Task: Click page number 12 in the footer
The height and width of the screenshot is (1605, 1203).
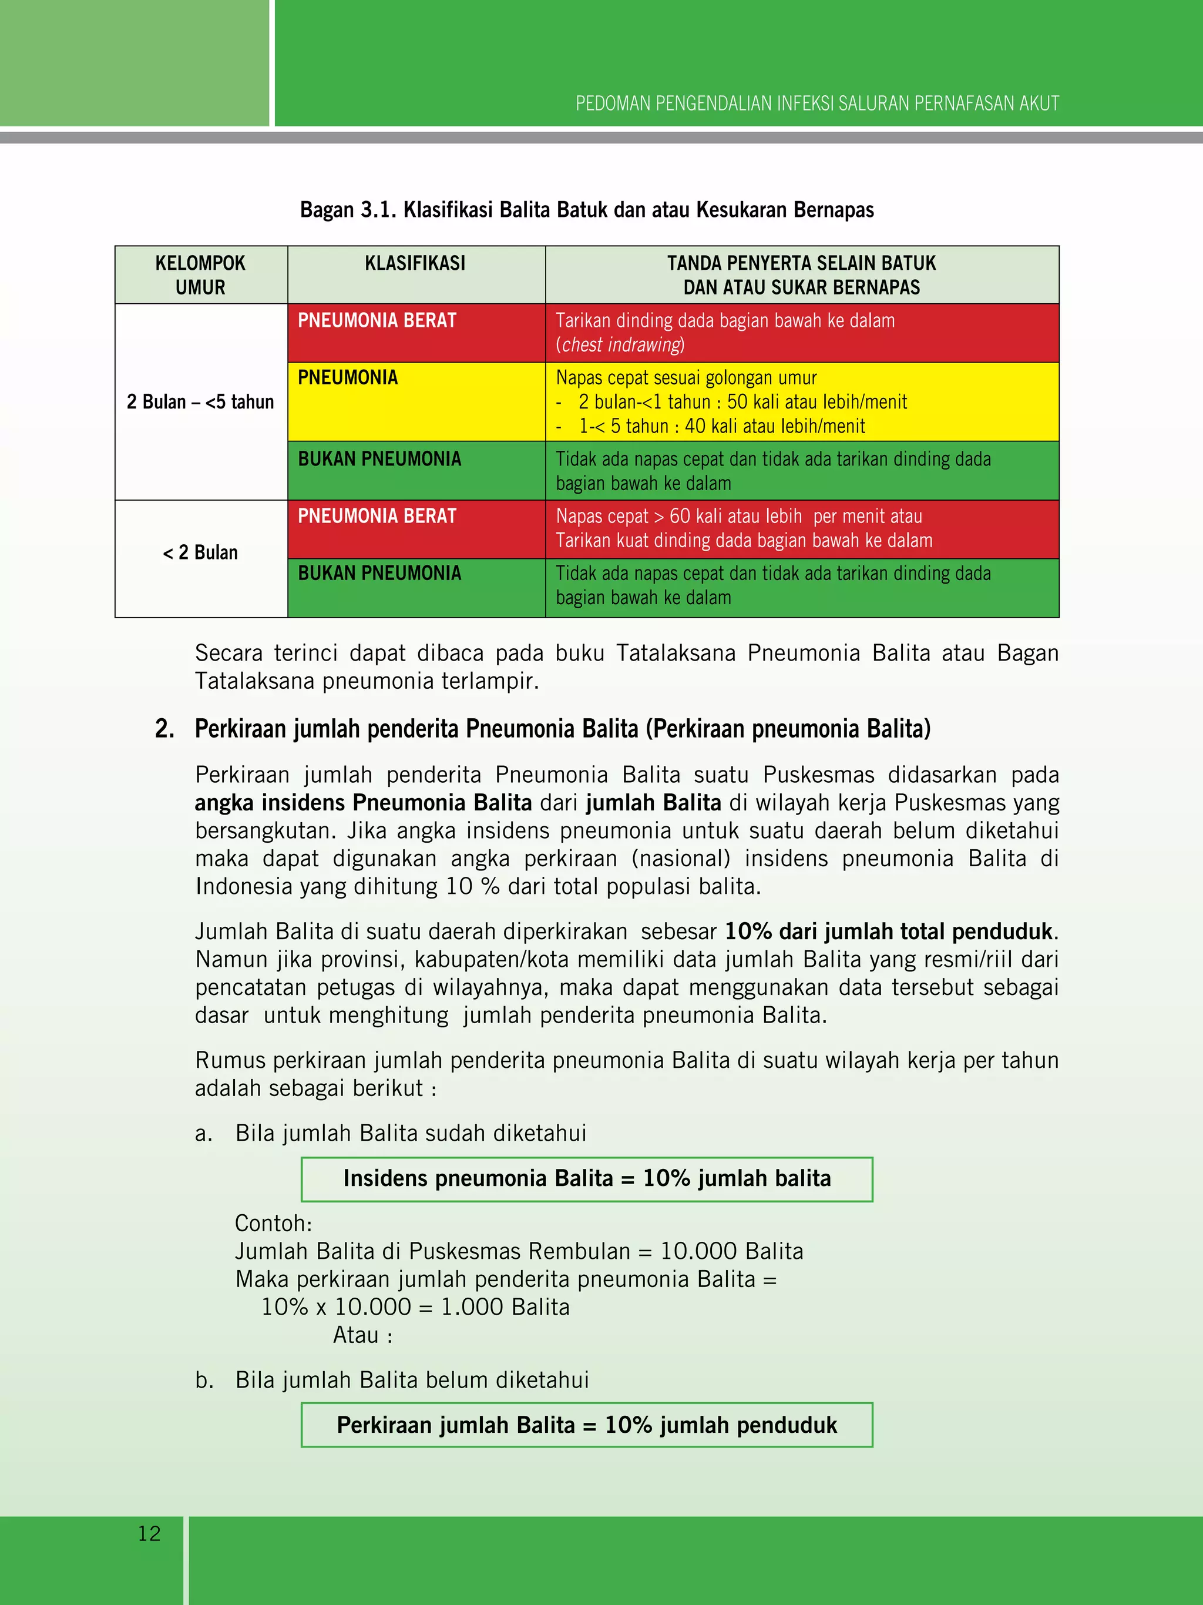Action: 149,1533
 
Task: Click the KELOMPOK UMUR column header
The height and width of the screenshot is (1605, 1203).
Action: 200,275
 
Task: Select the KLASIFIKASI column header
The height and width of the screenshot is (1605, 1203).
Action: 415,263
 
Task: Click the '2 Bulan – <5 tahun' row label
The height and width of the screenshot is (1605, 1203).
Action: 200,402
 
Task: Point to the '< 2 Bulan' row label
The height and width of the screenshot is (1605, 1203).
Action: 200,553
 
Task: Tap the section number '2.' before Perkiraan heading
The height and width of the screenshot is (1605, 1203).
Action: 164,729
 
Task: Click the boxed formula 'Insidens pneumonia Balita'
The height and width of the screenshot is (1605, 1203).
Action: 587,1178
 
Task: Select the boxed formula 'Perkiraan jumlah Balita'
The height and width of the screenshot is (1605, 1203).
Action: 587,1425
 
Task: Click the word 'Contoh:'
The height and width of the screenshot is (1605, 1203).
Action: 273,1224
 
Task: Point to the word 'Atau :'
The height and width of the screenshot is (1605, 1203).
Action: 362,1335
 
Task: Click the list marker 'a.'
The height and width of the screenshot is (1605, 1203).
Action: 204,1133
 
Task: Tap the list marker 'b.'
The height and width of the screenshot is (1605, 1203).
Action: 204,1380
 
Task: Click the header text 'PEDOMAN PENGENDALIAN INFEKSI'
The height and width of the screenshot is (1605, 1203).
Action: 817,104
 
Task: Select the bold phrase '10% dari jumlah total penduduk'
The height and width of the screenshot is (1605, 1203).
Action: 888,931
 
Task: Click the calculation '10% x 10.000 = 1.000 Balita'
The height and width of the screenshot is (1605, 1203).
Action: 415,1307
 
